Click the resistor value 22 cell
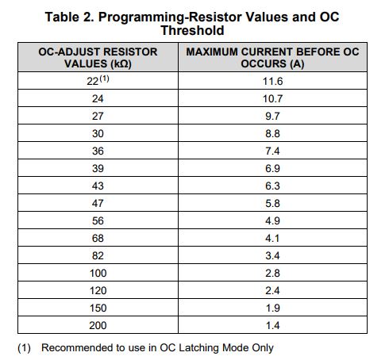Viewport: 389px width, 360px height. [x=98, y=81]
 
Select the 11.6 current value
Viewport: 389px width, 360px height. [x=272, y=81]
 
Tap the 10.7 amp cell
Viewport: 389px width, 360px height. [x=272, y=98]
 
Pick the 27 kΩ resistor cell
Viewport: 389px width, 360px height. [x=98, y=116]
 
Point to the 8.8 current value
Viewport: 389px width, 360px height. [x=272, y=133]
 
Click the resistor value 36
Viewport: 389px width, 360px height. [x=98, y=151]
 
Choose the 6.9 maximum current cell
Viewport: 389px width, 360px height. [x=272, y=168]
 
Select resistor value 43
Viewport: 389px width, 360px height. [x=98, y=186]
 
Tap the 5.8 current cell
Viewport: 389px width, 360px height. [x=272, y=203]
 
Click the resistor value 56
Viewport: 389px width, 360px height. [x=98, y=220]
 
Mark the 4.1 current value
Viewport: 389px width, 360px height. [x=272, y=238]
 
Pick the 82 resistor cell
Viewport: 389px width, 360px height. [x=98, y=255]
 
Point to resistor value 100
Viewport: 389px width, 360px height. [x=98, y=273]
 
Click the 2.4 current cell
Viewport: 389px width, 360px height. [x=272, y=290]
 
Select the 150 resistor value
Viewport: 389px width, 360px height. [x=98, y=308]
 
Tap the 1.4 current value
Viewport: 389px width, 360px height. [x=272, y=325]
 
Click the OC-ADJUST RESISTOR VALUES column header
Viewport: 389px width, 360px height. [x=98, y=58]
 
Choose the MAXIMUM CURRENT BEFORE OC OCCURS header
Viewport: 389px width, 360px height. [x=272, y=58]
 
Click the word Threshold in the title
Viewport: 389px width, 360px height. [x=192, y=30]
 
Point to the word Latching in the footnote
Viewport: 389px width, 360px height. [x=198, y=348]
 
